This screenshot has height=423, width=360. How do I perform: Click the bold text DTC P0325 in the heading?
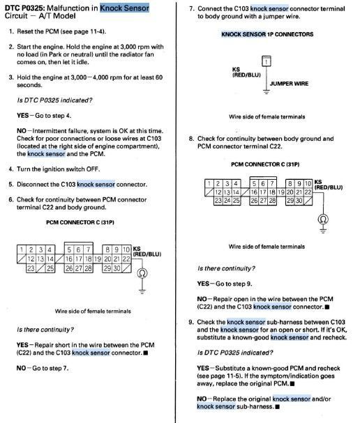pos(24,8)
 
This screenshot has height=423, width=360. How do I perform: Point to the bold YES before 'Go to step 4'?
pos(22,116)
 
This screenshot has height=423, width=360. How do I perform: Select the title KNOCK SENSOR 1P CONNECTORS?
pos(267,34)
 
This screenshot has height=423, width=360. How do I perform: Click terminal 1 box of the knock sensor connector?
pos(267,61)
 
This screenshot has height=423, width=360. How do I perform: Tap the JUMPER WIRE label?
pos(289,84)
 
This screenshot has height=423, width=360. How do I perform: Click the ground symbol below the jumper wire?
pos(267,92)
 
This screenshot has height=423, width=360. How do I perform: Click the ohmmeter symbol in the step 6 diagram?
pos(142,273)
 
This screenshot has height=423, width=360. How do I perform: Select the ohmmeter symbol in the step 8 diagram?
pos(323,219)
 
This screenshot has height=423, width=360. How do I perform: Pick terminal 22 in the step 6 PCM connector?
pos(126,259)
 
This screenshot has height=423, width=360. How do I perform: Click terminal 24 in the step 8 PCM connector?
pos(227,201)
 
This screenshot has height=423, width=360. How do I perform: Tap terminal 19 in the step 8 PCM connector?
pos(281,192)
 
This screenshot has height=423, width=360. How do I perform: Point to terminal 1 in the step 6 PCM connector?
pos(22,249)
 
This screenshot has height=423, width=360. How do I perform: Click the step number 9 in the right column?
pos(191,322)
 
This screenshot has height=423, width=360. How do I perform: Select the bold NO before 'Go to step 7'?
pos(22,368)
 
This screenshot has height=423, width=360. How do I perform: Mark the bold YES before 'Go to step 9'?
pos(203,284)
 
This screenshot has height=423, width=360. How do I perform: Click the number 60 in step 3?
pos(159,77)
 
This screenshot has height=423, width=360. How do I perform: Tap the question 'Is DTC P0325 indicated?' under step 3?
pos(54,100)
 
